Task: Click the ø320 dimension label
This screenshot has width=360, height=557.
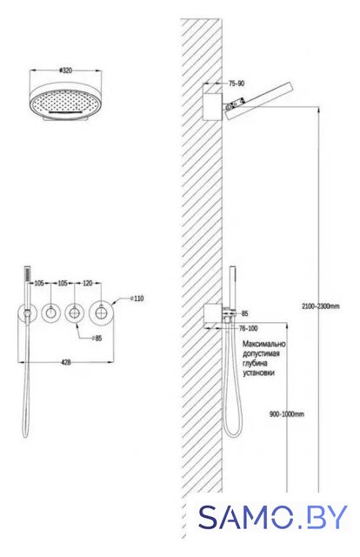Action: click(65, 70)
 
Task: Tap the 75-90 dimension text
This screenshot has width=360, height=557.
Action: click(237, 84)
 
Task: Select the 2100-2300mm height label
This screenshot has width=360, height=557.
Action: click(321, 306)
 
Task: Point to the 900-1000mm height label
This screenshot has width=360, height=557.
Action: click(287, 414)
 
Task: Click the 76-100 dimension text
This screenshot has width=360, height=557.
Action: click(248, 328)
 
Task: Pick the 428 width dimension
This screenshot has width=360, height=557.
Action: click(66, 362)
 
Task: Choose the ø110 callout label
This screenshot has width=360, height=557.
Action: click(137, 299)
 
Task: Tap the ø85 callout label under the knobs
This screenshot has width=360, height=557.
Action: click(97, 339)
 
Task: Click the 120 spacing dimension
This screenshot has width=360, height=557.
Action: click(87, 283)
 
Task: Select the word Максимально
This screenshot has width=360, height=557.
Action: click(263, 344)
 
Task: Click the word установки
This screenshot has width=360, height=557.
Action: click(258, 373)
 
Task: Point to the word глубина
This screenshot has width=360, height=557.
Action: click(255, 364)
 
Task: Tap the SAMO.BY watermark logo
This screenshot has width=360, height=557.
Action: click(273, 517)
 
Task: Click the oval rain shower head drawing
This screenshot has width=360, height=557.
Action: click(66, 102)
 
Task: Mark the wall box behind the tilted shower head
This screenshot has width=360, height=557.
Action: click(213, 106)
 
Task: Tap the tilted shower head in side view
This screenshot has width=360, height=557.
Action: click(258, 102)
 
